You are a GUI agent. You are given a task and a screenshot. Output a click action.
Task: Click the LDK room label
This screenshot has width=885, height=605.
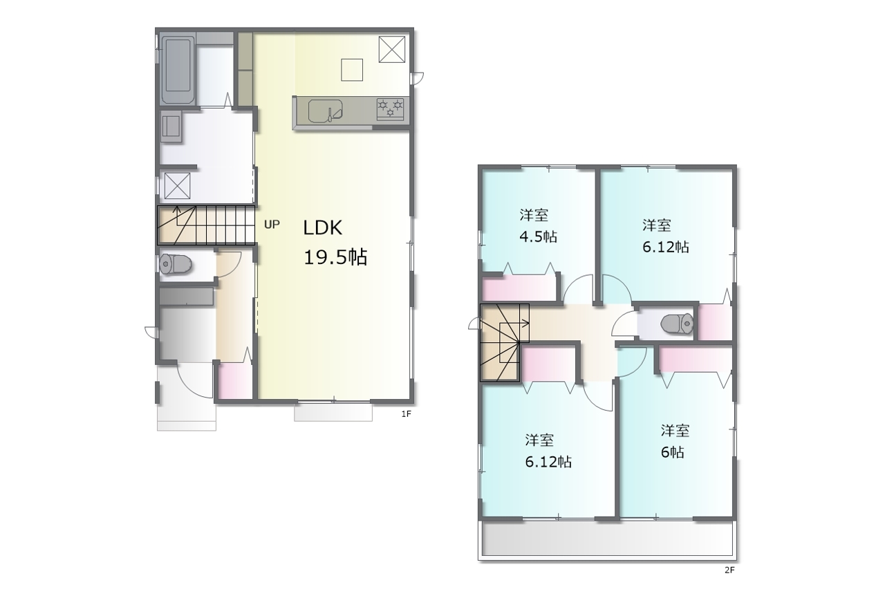point(322,228)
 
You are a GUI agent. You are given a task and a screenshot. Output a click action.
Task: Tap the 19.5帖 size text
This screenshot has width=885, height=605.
point(335,257)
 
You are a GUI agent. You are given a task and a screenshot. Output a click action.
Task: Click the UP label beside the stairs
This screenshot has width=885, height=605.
point(272,225)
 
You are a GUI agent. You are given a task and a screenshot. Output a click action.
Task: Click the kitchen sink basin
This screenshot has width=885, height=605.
point(325,111)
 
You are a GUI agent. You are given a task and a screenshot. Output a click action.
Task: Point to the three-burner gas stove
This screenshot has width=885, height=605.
point(391,109)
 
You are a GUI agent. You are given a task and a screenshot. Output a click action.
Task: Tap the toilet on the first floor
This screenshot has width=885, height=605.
point(176,263)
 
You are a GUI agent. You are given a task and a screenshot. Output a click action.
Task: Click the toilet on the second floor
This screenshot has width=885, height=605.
point(677,324)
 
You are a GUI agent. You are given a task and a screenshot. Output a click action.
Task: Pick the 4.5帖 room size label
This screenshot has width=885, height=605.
point(538,236)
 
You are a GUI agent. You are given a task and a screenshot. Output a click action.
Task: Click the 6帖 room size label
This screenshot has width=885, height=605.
point(673,452)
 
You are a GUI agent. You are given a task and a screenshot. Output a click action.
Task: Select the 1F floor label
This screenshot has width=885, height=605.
point(406,414)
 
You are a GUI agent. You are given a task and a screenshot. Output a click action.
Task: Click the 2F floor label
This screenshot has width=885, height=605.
point(729,570)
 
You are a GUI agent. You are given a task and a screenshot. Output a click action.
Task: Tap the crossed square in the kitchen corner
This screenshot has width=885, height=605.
point(392,49)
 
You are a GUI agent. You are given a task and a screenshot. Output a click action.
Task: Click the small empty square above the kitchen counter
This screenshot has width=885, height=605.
point(352,70)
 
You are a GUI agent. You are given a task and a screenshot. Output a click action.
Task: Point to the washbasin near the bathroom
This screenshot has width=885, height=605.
point(171,127)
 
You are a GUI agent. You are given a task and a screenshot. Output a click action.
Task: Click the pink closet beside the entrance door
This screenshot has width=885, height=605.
point(236,381)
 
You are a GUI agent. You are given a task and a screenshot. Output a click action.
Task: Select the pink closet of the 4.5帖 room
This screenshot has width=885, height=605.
point(519,288)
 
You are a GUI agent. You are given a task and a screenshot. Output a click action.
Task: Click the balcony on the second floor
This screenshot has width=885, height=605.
point(608,540)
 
